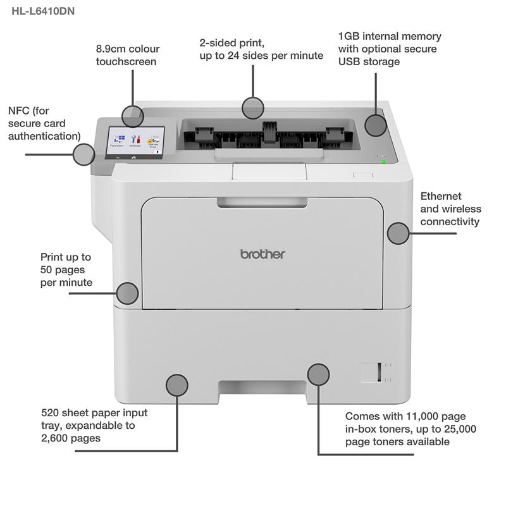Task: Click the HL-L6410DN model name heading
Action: (43, 10)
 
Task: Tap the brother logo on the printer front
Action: (262, 254)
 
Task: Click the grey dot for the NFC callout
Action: (83, 154)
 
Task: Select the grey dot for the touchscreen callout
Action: (133, 116)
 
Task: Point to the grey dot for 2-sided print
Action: (253, 108)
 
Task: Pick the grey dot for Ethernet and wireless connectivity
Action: (398, 233)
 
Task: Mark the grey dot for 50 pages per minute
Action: (128, 293)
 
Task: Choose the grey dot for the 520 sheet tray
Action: (176, 385)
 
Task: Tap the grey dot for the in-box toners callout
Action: (318, 374)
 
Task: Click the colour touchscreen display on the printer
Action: (137, 139)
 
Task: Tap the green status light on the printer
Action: (383, 162)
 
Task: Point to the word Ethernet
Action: (441, 197)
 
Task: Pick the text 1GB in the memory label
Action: (349, 36)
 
